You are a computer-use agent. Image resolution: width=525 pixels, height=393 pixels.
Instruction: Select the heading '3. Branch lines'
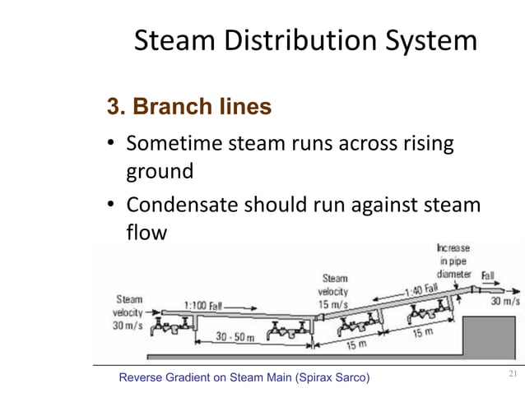tap(189, 107)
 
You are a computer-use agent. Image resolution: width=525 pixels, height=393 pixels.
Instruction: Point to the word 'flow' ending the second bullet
tap(146, 233)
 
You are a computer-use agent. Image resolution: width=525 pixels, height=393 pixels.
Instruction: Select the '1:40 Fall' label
tap(420, 289)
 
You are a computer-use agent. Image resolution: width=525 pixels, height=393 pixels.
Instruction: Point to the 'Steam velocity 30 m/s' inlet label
tap(129, 313)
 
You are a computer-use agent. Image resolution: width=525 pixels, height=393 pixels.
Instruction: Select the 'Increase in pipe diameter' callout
tap(453, 261)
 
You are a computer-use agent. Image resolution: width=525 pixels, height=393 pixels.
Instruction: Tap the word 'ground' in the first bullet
tap(159, 173)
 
